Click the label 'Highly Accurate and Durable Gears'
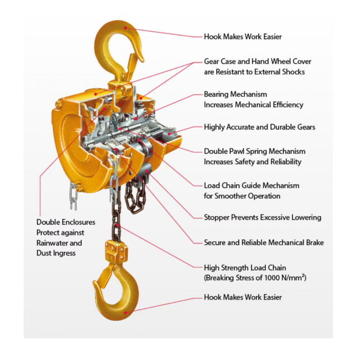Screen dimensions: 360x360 click(260, 127)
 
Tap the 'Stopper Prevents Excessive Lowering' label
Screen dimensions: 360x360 click(262, 217)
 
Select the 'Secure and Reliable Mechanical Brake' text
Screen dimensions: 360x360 click(264, 243)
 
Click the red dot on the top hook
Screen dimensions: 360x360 click(126, 28)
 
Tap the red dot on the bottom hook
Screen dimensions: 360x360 click(126, 312)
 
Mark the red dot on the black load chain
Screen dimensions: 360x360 click(117, 225)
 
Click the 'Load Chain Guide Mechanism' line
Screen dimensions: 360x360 click(252, 185)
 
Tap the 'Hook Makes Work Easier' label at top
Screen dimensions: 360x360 click(243, 37)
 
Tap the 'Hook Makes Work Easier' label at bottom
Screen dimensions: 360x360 click(243, 297)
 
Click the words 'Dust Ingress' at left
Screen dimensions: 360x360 click(56, 253)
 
